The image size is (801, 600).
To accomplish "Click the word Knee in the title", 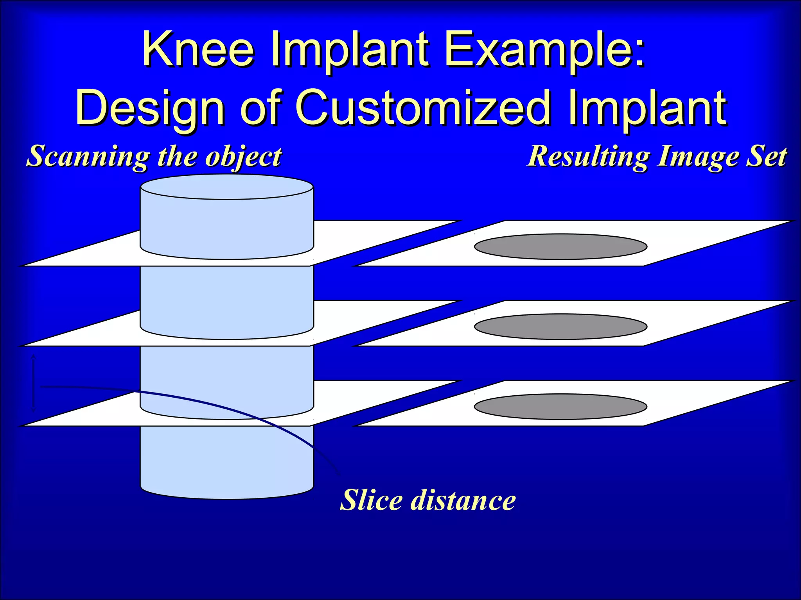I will [x=198, y=50].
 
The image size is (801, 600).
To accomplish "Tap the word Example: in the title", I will [x=544, y=50].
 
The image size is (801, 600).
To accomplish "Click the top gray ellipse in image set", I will [x=560, y=246].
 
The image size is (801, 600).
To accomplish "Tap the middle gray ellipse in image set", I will [x=560, y=327].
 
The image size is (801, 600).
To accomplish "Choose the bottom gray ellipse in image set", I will [x=560, y=407].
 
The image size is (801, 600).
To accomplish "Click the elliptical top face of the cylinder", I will [x=227, y=187].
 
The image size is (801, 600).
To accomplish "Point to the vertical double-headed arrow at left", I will [x=33, y=383].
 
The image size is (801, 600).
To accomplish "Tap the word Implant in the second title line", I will [x=647, y=107].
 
